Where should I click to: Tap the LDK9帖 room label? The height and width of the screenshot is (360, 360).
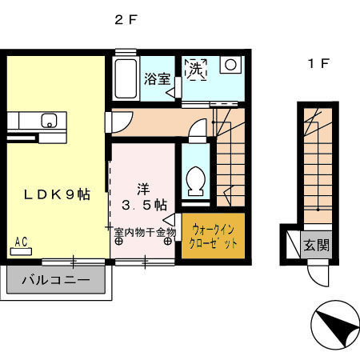tap(56, 194)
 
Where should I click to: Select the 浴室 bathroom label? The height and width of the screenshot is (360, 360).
tap(156, 78)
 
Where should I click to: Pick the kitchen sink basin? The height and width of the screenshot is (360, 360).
tap(48, 122)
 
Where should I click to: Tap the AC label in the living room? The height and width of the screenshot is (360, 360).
tap(22, 239)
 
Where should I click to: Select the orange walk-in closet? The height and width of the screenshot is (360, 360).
tap(212, 238)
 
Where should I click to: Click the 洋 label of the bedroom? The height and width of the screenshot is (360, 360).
tap(142, 190)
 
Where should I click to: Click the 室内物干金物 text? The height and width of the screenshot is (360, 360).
tap(144, 232)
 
